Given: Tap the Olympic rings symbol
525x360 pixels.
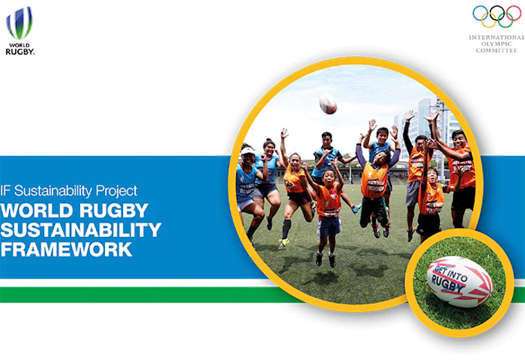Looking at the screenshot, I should pos(497,16).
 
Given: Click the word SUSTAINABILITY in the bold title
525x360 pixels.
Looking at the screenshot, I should pos(81,229).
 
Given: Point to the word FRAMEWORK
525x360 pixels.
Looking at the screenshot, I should pos(66,249).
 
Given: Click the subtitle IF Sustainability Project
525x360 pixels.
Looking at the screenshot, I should pos(69,191).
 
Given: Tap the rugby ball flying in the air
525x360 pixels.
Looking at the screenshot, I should pos(328,104).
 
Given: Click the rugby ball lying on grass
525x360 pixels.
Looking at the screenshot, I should pos(459,280).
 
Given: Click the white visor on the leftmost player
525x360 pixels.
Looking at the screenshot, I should pos(247,149).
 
